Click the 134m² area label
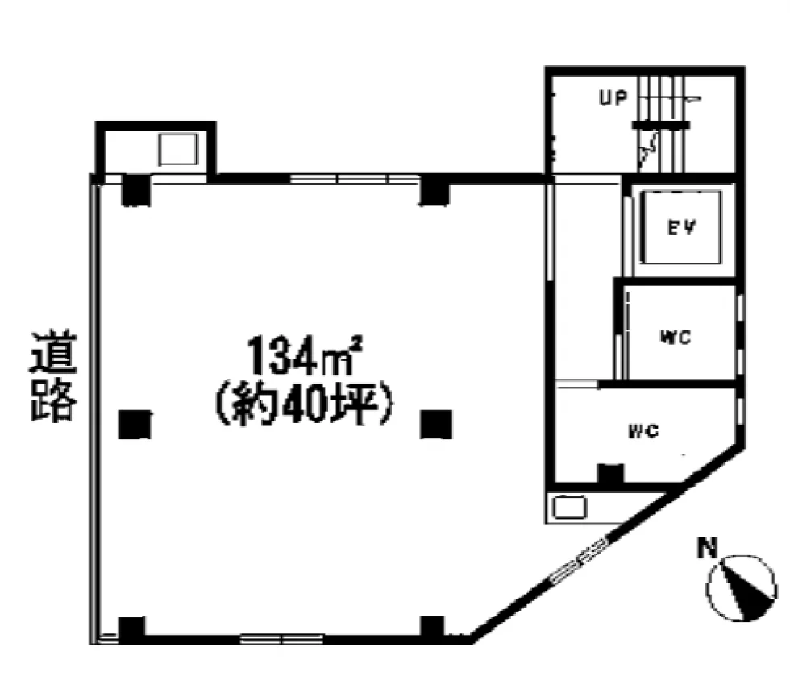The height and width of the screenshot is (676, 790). tap(305, 356)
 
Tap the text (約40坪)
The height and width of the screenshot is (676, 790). tap(305, 404)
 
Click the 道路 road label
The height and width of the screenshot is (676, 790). tap(53, 375)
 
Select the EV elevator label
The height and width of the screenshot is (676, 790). tap(681, 228)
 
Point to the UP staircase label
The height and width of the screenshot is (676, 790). tap(613, 97)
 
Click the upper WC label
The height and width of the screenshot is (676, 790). tap(676, 337)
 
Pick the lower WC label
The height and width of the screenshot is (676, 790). tap(644, 431)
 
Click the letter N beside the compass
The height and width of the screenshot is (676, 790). tap(707, 548)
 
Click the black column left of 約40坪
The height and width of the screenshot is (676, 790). tap(135, 424)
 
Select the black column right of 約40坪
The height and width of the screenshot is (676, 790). tap(436, 424)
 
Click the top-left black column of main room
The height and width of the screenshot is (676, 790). tap(136, 190)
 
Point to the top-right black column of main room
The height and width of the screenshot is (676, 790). tap(434, 190)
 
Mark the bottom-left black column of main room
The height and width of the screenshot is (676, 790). tap(132, 628)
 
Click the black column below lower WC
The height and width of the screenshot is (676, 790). tap(611, 476)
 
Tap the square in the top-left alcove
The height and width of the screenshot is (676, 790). tap(178, 149)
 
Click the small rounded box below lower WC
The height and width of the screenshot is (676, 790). tap(569, 508)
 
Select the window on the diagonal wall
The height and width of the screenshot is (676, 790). tap(580, 562)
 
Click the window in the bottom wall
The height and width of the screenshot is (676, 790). tap(281, 639)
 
